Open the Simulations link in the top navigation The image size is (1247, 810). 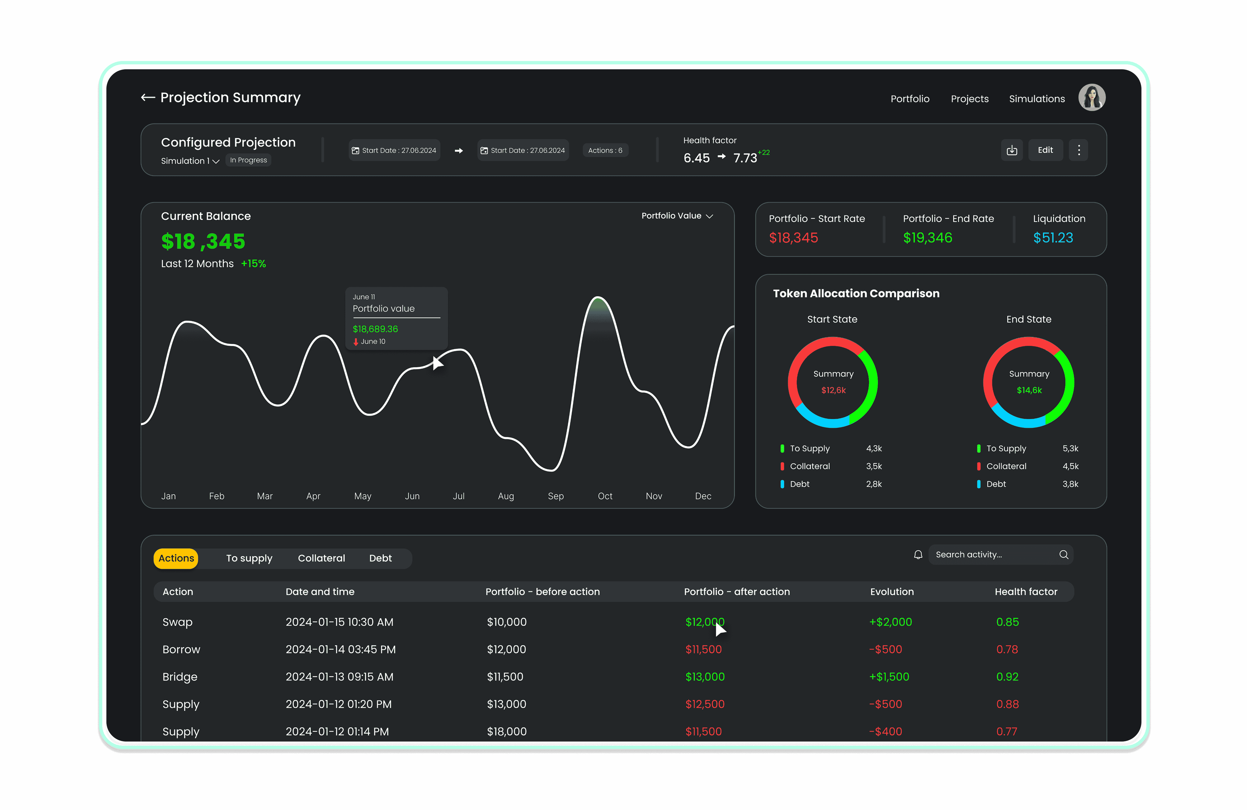(1036, 99)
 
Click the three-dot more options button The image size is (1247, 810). (1078, 150)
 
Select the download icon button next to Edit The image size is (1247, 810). (1011, 150)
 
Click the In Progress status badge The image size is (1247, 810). (248, 160)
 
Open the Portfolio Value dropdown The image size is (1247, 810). (677, 216)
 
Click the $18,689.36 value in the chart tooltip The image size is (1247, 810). (375, 329)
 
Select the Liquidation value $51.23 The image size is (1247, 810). (1053, 238)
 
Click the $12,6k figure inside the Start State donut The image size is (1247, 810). (833, 390)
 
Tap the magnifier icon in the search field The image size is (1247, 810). (1063, 555)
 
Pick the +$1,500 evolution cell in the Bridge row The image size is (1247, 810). (889, 677)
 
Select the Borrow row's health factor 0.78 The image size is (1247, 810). (1006, 650)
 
